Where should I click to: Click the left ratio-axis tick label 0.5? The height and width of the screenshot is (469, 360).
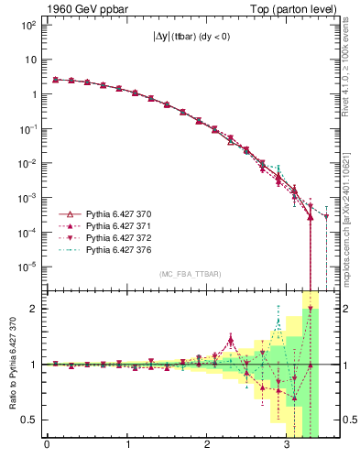pos(28,420)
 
